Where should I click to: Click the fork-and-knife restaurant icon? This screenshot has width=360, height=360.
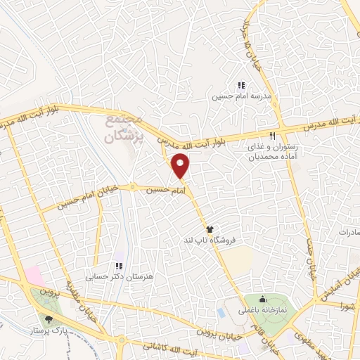pyautogui.click(x=272, y=136)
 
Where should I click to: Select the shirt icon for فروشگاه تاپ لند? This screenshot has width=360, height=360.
pyautogui.click(x=209, y=229)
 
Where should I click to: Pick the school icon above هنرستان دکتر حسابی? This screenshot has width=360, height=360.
pyautogui.click(x=119, y=266)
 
